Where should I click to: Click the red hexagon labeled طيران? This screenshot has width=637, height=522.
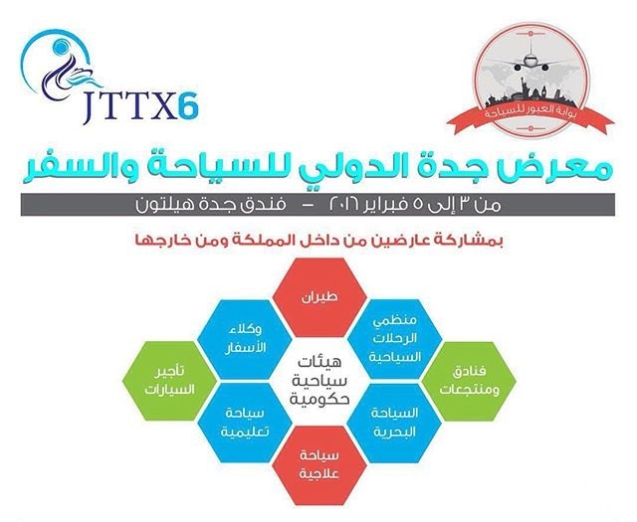pyautogui.click(x=319, y=297)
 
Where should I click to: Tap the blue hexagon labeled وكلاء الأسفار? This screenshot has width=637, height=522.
pyautogui.click(x=245, y=339)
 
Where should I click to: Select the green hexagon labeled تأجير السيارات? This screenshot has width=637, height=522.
pyautogui.click(x=170, y=381)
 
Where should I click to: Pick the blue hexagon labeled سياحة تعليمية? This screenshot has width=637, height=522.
pyautogui.click(x=245, y=423)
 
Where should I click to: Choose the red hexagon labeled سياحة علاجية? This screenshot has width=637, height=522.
pyautogui.click(x=319, y=465)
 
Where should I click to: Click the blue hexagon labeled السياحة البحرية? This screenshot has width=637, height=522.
pyautogui.click(x=394, y=423)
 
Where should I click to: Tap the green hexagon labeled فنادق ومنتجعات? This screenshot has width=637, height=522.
pyautogui.click(x=469, y=381)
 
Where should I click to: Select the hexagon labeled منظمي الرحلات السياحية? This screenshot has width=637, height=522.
pyautogui.click(x=394, y=339)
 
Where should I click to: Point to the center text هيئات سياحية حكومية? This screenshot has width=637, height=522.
pyautogui.click(x=319, y=381)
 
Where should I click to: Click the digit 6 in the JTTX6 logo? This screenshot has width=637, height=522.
pyautogui.click(x=188, y=106)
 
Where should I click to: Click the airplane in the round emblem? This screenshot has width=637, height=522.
pyautogui.click(x=530, y=57)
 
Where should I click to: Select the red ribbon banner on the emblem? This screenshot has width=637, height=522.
pyautogui.click(x=531, y=115)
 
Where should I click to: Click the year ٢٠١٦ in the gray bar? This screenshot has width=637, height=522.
pyautogui.click(x=345, y=203)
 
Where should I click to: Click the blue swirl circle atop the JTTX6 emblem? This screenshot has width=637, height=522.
pyautogui.click(x=64, y=47)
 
